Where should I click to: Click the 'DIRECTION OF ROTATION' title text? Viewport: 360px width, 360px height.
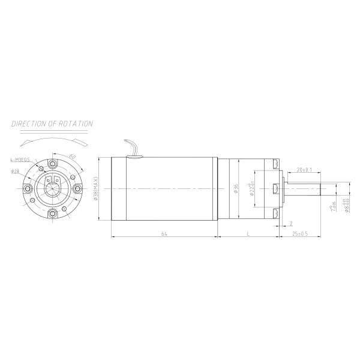coord(52,124)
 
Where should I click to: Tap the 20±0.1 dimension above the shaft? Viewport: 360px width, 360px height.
coord(304,170)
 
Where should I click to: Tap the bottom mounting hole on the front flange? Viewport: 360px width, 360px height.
coord(52,214)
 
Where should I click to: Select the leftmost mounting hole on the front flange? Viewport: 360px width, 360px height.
coord(27,188)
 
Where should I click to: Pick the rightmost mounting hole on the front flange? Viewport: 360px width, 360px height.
coord(78,188)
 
